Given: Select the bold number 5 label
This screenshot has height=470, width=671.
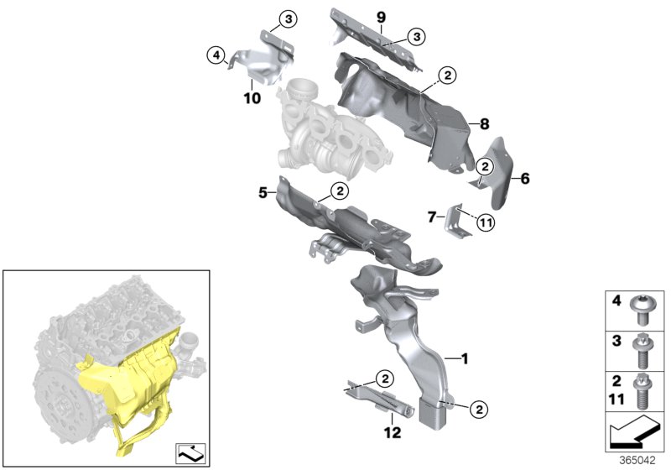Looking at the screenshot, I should tap(262, 193).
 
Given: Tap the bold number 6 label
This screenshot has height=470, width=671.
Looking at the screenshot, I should tap(525, 178).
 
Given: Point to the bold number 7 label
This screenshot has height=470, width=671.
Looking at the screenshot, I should tap(431, 217).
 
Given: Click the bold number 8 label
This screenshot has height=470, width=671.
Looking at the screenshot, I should tap(484, 123).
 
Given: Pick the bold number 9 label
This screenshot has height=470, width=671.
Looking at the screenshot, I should tap(380, 18).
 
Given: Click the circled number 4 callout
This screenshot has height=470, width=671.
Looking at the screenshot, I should tap(217, 55).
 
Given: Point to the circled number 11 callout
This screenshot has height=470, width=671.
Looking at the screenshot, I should tap(487, 222).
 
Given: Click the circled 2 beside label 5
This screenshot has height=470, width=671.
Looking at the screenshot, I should tap(339, 191).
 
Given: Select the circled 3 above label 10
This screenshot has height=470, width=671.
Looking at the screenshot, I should tap(287, 19).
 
